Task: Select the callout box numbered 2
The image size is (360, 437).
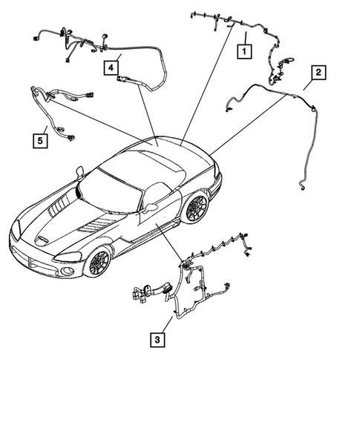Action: tap(318, 73)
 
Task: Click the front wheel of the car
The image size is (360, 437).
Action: tap(97, 261)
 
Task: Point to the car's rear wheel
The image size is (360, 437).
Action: tap(197, 208)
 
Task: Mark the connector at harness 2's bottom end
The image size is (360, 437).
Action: tap(303, 192)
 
